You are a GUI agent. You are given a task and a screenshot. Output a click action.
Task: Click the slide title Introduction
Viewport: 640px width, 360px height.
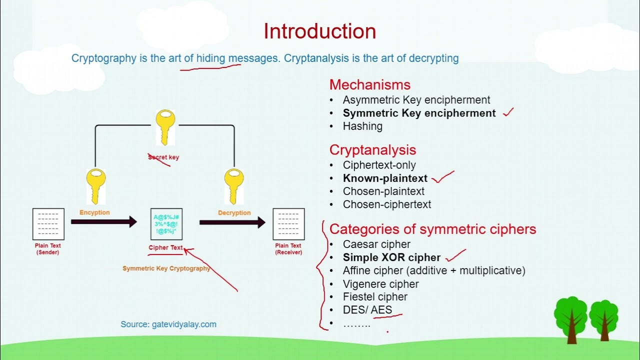tap(319, 31)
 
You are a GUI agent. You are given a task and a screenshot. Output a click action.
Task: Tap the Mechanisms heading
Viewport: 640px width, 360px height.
tap(369, 84)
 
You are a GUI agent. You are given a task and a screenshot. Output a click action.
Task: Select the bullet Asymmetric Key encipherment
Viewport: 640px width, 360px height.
tap(416, 100)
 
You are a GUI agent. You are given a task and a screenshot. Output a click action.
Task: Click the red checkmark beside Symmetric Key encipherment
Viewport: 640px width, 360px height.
tap(508, 112)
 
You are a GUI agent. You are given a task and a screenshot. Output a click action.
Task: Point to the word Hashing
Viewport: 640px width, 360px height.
tap(362, 126)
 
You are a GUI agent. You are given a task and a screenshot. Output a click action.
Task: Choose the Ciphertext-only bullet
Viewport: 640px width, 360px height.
tap(379, 165)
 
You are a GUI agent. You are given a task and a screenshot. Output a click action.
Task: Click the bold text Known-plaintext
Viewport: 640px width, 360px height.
tap(385, 178)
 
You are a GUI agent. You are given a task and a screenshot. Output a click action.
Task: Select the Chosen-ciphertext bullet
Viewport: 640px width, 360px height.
tap(386, 204)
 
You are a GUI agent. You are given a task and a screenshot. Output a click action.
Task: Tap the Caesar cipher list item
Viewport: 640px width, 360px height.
tap(376, 244)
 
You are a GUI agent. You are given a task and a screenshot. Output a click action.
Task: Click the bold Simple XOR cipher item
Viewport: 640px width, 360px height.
tap(391, 257)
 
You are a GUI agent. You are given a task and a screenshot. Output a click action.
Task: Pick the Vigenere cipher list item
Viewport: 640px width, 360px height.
tap(380, 284)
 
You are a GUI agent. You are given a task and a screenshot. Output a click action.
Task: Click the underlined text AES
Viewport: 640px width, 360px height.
tap(381, 310)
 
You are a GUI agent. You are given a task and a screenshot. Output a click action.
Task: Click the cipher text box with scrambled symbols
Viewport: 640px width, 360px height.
tap(166, 224)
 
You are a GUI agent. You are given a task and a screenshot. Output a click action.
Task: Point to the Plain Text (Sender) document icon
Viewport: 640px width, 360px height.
tap(48, 224)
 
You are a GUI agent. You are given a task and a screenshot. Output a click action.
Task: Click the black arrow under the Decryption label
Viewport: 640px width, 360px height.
tap(232, 222)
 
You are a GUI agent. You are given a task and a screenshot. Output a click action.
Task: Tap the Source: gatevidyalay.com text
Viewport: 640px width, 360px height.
tap(168, 324)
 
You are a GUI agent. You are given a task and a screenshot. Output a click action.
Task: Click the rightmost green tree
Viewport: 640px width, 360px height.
tap(603, 319)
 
